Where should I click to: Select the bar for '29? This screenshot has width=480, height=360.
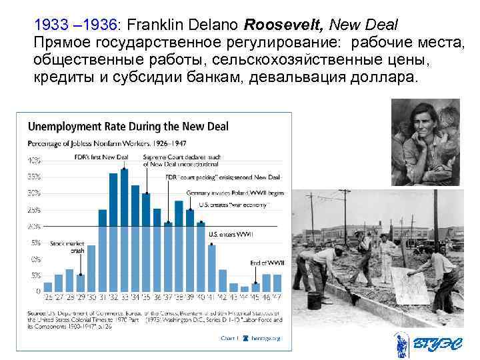point(80,283)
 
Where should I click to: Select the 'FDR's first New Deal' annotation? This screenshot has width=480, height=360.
point(101,157)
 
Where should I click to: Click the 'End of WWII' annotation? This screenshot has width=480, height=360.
point(265,261)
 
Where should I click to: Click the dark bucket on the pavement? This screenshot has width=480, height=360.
point(315,301)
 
